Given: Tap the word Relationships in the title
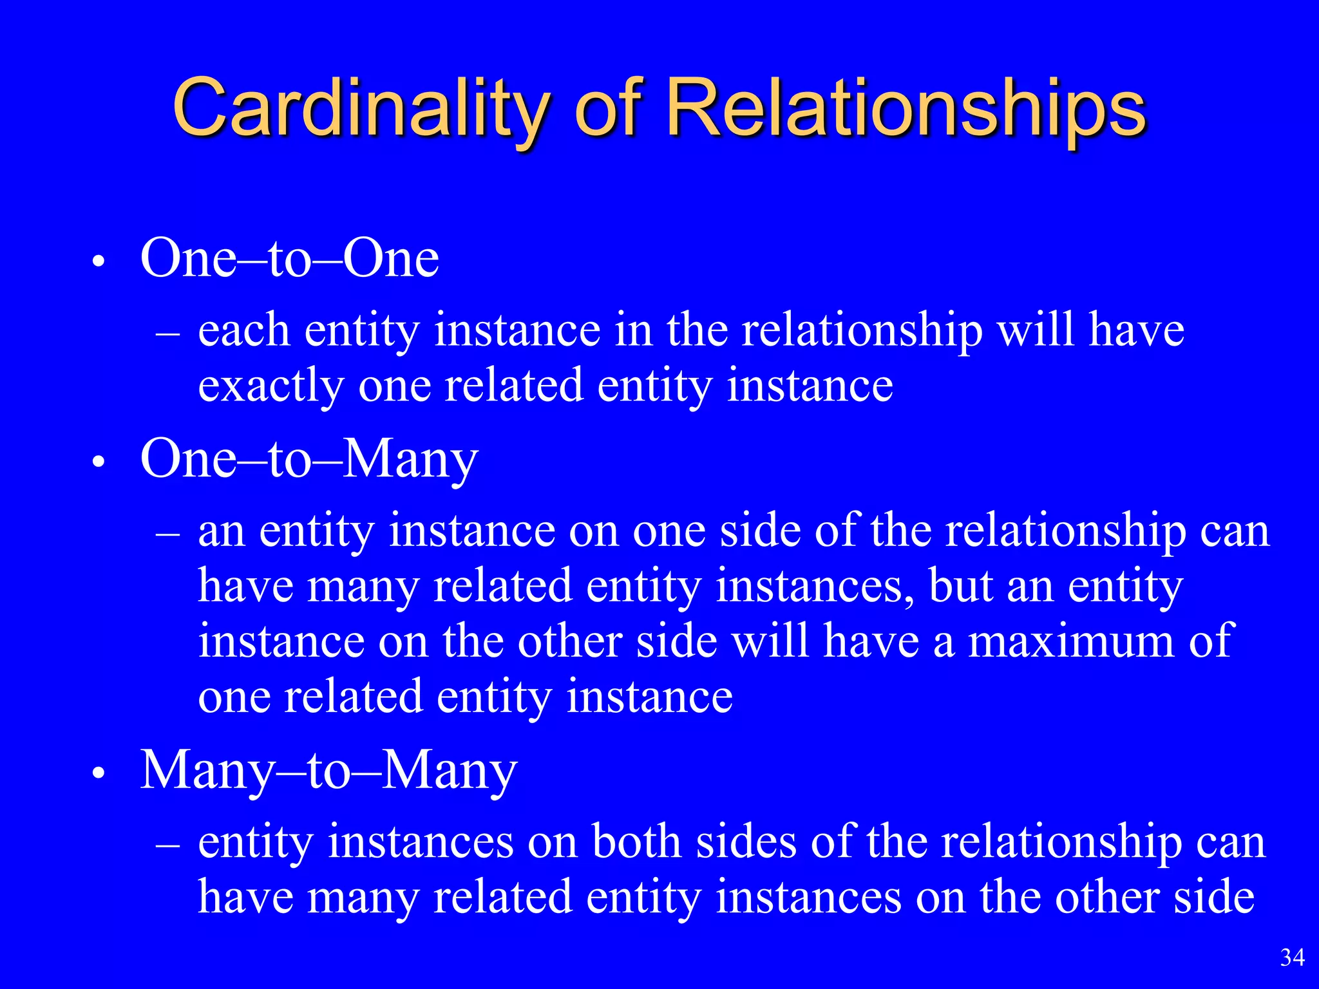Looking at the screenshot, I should point(906,108).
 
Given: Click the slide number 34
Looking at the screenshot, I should point(1292,957).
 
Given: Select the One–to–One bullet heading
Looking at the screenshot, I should point(290,258).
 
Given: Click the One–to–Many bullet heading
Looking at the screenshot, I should point(309,460).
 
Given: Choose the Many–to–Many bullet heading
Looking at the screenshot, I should point(328,770).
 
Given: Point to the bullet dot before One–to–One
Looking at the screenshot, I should point(98,262).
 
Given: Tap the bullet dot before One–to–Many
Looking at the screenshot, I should point(98,463).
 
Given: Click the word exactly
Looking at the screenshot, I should point(270,386).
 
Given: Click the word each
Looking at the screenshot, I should point(243,330).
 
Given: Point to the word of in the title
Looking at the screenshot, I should point(608,108).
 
